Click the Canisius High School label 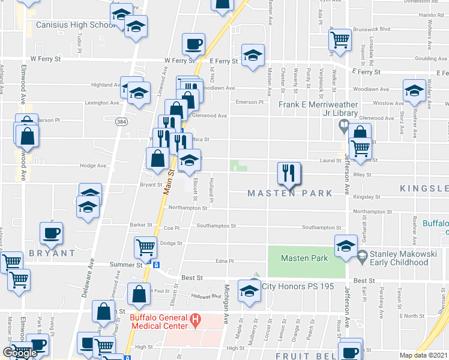[76, 25]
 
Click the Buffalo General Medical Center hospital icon [194, 320]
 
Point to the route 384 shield [121, 122]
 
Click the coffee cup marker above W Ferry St [194, 44]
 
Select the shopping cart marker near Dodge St [146, 246]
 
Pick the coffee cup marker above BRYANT [51, 233]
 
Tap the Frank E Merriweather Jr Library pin [343, 126]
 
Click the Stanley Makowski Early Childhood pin [363, 258]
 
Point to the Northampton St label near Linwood [187, 208]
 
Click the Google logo [20, 353]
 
